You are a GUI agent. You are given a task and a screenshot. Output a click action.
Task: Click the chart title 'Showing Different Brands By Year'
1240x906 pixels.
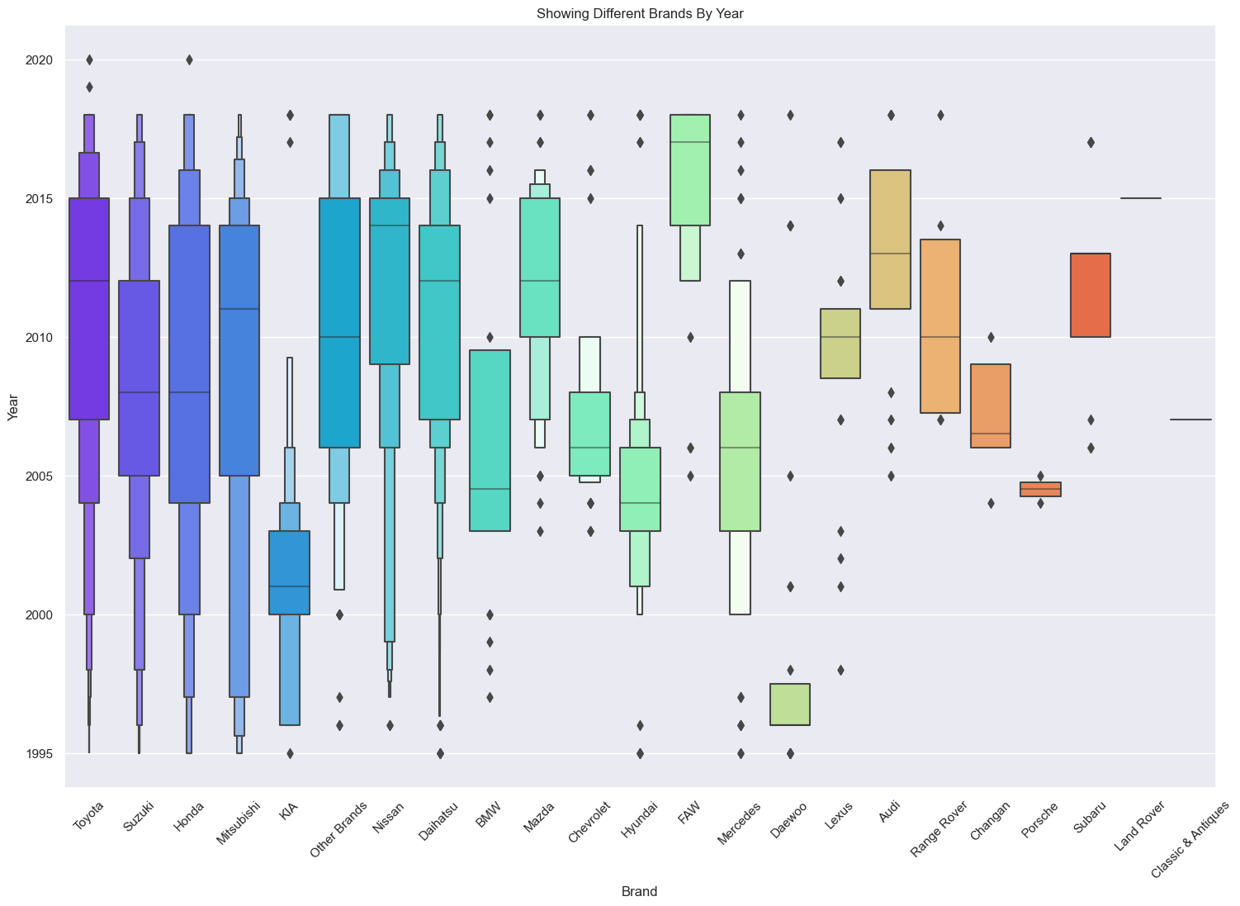click(x=640, y=13)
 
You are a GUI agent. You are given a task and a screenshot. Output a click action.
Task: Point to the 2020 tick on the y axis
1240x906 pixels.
click(x=40, y=60)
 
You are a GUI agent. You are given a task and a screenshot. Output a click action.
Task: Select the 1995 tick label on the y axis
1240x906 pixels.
click(x=40, y=754)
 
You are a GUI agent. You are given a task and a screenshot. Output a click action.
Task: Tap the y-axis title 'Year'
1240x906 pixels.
click(x=12, y=407)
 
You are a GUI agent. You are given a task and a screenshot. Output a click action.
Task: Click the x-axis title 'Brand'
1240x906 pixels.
click(x=640, y=891)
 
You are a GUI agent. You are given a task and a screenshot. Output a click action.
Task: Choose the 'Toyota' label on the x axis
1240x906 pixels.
click(x=88, y=818)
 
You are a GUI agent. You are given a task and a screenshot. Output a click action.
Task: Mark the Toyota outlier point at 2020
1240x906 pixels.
click(x=89, y=59)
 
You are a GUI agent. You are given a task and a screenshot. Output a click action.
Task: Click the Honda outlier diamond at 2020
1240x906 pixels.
click(x=189, y=59)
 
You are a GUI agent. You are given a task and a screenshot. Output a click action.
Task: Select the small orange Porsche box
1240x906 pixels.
click(x=1040, y=489)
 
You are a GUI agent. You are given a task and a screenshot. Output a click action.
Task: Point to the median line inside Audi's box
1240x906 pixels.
click(x=890, y=254)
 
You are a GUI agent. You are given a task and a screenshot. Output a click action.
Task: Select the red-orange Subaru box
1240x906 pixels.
click(x=1090, y=295)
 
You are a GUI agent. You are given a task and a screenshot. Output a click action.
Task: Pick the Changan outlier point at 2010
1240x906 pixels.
click(x=991, y=337)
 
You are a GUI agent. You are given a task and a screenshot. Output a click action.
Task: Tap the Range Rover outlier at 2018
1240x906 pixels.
click(x=940, y=115)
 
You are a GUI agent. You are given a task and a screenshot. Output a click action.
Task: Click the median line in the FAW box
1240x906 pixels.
click(x=689, y=142)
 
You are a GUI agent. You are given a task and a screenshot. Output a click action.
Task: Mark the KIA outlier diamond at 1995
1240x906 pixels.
click(x=290, y=753)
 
